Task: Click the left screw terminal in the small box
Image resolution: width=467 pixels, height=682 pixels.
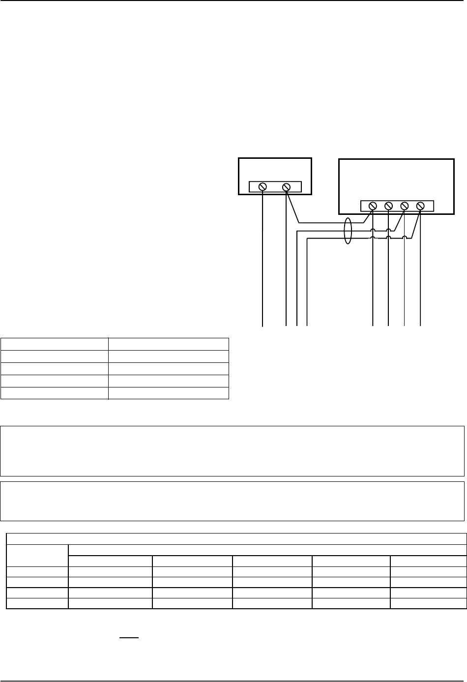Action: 263,187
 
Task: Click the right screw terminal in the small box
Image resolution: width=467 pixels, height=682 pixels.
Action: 287,187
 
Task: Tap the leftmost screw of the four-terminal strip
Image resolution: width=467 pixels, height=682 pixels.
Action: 373,206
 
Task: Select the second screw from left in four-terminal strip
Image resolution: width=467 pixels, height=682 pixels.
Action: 388,206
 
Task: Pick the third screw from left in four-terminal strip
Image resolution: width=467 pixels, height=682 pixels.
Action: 405,206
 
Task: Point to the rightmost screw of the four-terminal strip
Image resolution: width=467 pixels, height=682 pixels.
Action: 420,206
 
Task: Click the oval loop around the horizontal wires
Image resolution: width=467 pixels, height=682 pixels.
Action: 348,231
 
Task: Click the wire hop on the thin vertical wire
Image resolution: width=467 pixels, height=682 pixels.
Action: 404,238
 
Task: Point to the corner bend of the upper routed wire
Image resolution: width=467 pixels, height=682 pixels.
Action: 297,231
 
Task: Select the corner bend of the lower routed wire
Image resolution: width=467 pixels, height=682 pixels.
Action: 307,239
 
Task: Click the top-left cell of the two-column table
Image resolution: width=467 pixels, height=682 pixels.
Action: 54,344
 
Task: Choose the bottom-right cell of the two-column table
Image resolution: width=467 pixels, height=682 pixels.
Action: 168,393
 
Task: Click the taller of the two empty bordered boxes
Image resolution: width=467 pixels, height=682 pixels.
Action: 232,451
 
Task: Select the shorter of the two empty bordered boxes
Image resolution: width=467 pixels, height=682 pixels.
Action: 232,501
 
